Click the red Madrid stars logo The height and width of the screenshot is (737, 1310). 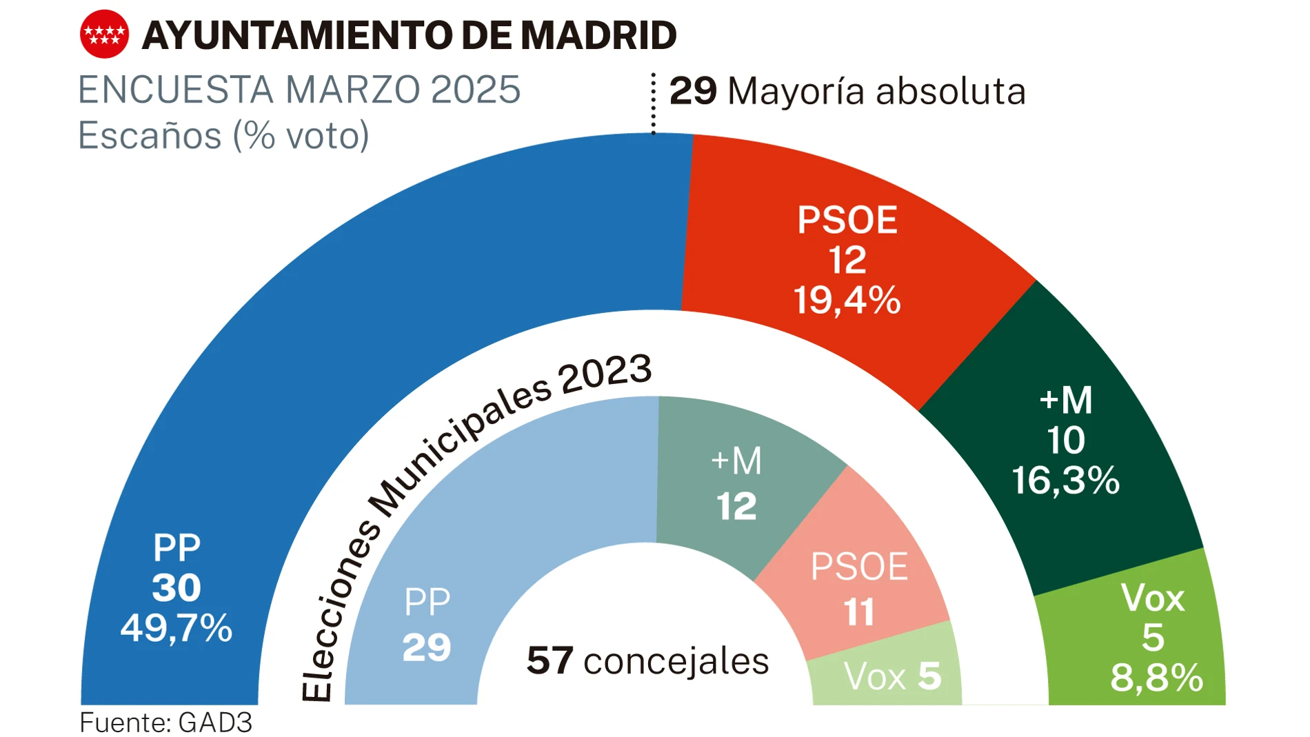point(104,34)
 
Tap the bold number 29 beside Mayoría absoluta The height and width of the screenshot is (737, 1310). point(693,91)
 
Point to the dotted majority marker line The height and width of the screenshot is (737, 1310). point(653,103)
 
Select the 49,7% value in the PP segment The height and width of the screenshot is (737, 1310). point(177,628)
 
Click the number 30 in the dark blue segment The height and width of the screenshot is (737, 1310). point(177,588)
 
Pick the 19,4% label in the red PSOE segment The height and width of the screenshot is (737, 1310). point(847,301)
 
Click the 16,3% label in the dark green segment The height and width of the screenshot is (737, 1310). point(1065,481)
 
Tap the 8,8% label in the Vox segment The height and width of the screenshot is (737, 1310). point(1156,678)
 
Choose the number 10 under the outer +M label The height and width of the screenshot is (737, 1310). point(1066,441)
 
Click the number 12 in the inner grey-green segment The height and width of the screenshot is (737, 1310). point(736,507)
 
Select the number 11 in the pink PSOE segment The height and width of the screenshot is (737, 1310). point(859,612)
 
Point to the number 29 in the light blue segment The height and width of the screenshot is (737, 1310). point(427,647)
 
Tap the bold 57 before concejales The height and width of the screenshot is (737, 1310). point(550,660)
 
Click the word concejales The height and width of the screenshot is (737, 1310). point(676,662)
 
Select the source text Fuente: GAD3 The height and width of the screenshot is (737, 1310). point(165,723)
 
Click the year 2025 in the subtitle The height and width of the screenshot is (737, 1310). point(475,90)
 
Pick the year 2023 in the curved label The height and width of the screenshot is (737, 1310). point(605,373)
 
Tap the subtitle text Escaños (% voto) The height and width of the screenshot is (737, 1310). point(223,135)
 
